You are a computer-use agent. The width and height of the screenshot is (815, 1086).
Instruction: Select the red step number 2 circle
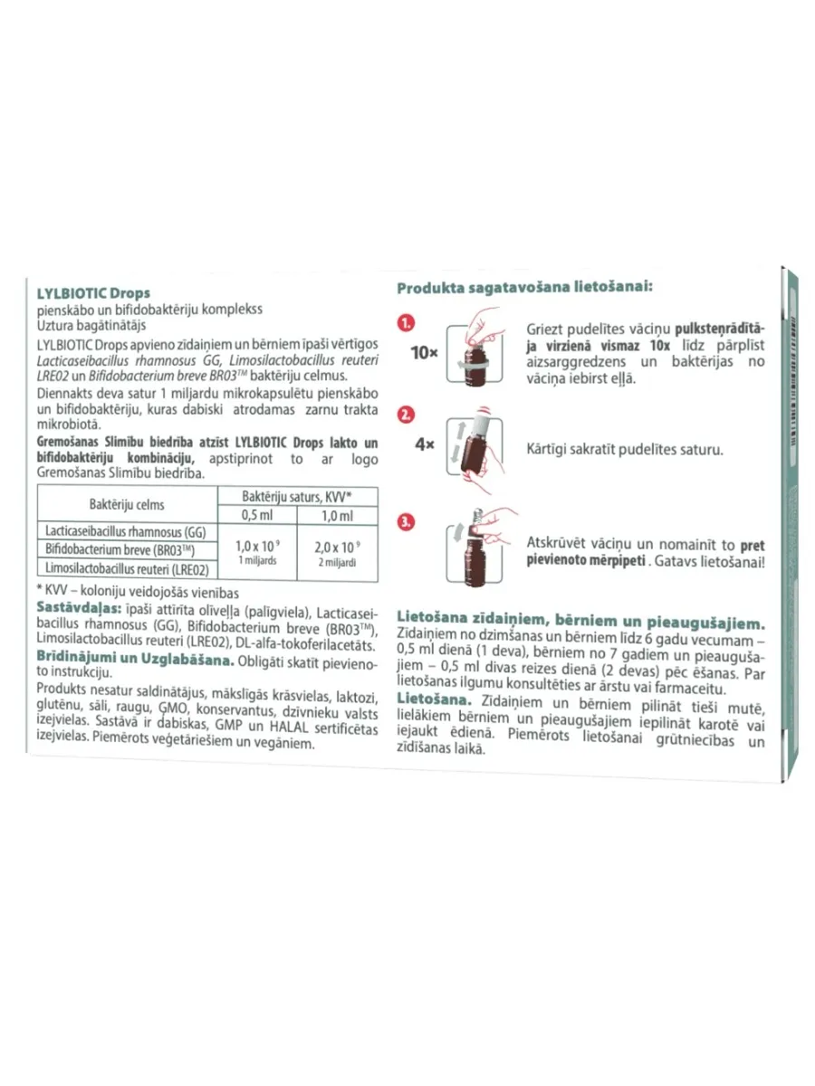tap(407, 415)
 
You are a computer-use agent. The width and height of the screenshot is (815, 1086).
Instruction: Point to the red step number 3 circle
tap(407, 522)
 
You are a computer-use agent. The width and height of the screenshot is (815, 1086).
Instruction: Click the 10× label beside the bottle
tap(424, 352)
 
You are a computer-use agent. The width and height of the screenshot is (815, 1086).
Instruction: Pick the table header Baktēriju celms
tap(127, 504)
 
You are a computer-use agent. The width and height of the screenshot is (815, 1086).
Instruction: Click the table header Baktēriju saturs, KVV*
tap(297, 497)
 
